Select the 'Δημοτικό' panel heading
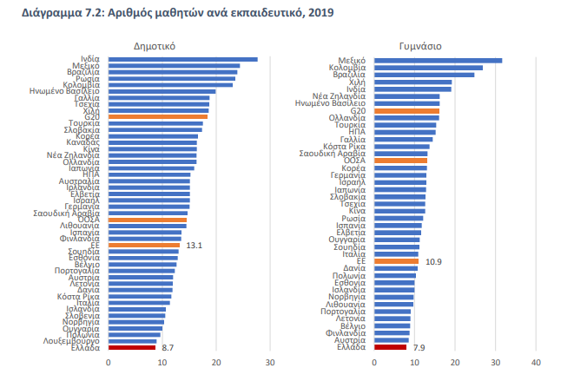click(156, 44)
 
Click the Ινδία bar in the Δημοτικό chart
click(182, 59)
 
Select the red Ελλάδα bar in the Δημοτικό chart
click(132, 347)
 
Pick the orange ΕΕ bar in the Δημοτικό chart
click(143, 246)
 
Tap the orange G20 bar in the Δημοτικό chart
click(158, 116)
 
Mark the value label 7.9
click(420, 347)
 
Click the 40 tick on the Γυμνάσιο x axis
click(537, 361)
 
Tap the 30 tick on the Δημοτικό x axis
click(270, 361)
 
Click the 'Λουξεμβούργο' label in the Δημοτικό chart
click(75, 341)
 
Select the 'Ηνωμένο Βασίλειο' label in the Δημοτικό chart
click(69, 91)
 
